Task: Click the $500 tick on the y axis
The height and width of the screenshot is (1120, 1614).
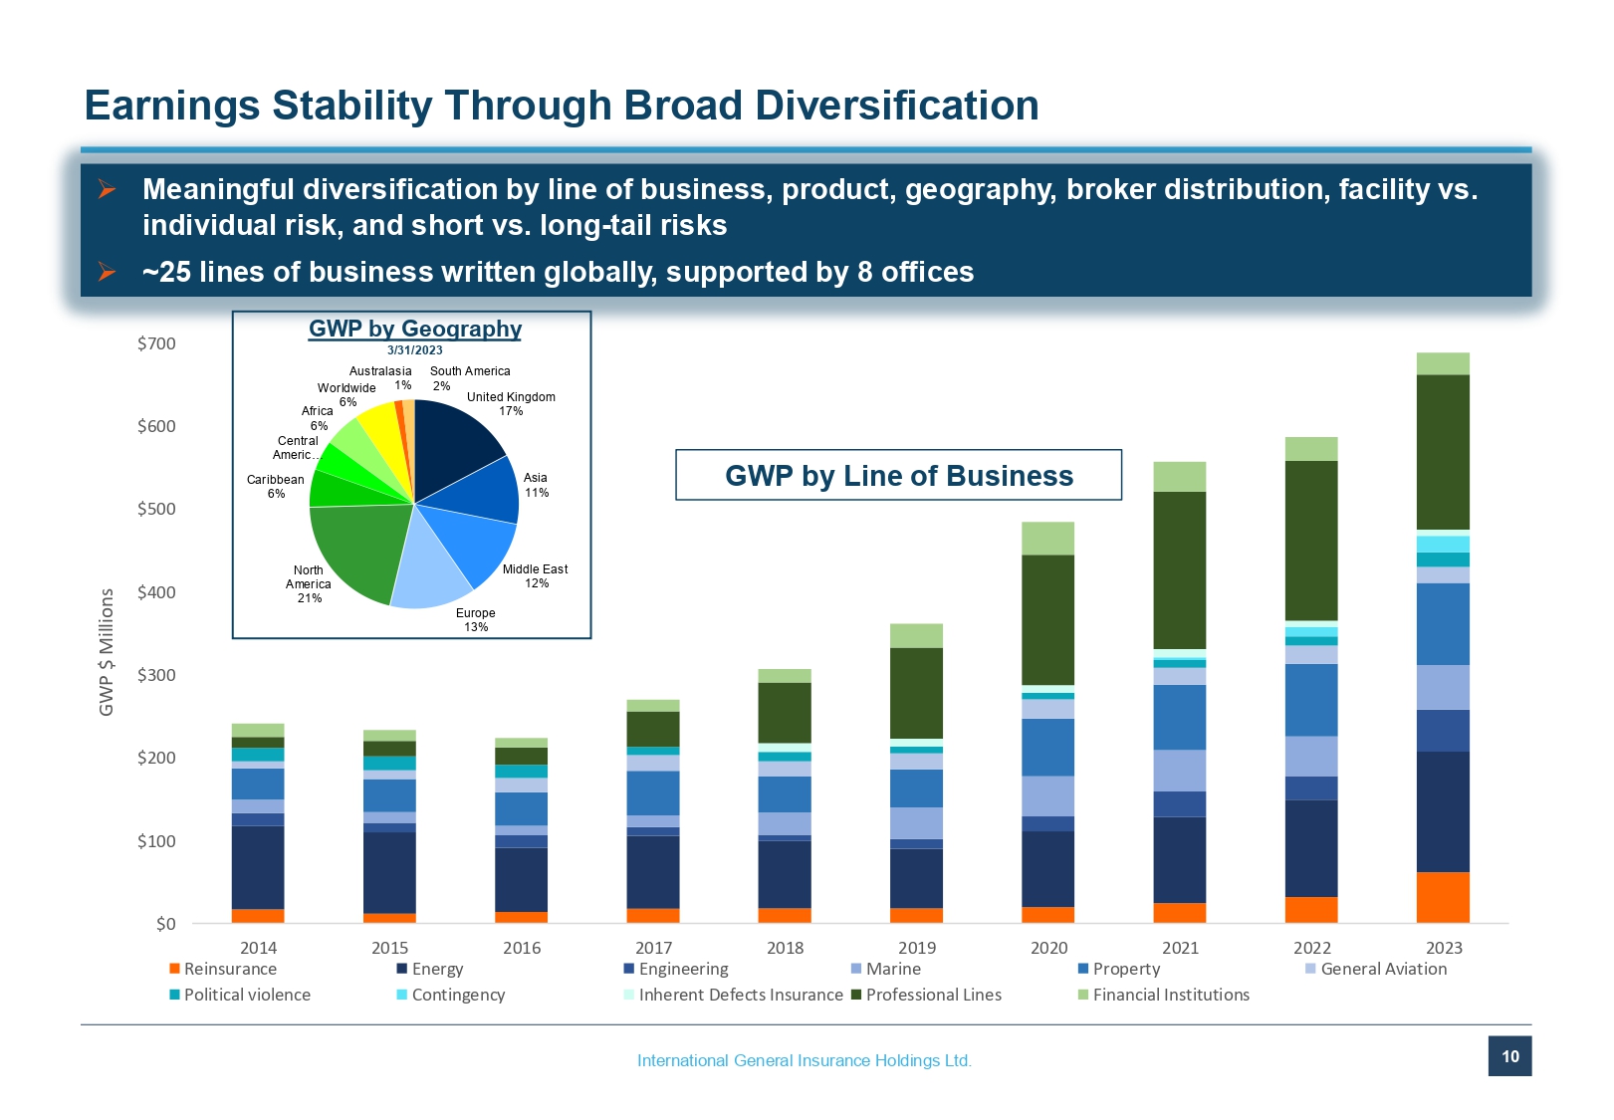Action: pyautogui.click(x=156, y=509)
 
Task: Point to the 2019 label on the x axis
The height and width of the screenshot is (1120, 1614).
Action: pyautogui.click(x=916, y=947)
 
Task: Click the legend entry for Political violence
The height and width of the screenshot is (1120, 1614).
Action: pyautogui.click(x=240, y=995)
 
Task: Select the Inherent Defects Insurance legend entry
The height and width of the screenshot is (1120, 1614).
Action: pyautogui.click(x=734, y=995)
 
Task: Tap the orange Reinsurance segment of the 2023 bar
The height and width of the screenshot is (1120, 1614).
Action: pyautogui.click(x=1443, y=897)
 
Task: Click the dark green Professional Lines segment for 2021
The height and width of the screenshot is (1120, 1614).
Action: pyautogui.click(x=1180, y=570)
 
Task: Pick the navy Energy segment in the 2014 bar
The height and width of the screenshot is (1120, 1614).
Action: pyautogui.click(x=258, y=868)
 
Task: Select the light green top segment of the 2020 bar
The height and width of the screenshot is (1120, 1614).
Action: pyautogui.click(x=1048, y=538)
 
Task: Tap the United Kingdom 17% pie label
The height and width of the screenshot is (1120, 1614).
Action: pyautogui.click(x=511, y=404)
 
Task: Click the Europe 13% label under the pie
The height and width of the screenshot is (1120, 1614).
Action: pyautogui.click(x=476, y=619)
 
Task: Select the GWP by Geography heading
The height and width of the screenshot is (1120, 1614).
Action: pyautogui.click(x=415, y=329)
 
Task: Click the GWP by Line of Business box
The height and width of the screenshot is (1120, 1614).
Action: pyautogui.click(x=898, y=475)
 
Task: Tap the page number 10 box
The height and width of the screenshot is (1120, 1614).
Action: pyautogui.click(x=1510, y=1056)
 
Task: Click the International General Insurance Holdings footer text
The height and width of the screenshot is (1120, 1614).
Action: pyautogui.click(x=805, y=1060)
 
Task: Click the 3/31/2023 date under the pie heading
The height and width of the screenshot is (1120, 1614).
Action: pyautogui.click(x=415, y=350)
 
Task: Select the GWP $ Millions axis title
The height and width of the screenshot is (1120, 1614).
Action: pyautogui.click(x=107, y=652)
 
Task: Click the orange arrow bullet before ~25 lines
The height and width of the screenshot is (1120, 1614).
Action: pyautogui.click(x=107, y=272)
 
